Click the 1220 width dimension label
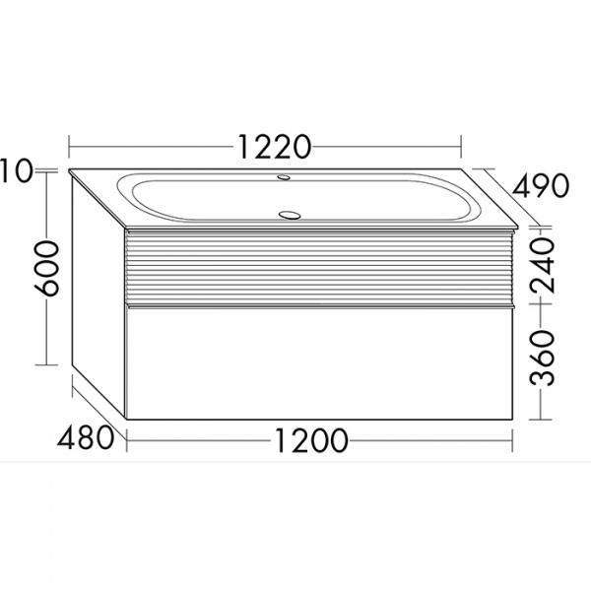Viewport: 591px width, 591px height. pos(275,147)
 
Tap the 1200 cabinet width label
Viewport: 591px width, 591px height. pos(311,440)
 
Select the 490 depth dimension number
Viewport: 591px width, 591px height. pos(540,185)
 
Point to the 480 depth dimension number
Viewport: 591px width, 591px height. pos(85,437)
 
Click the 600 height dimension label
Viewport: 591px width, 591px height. pos(46,268)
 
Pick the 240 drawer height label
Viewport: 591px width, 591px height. pos(543,265)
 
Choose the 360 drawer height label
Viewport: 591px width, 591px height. pos(543,358)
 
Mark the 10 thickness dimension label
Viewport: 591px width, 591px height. pos(15,170)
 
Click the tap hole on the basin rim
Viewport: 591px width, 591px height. pos(283,176)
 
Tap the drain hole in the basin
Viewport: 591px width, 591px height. pos(290,215)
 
